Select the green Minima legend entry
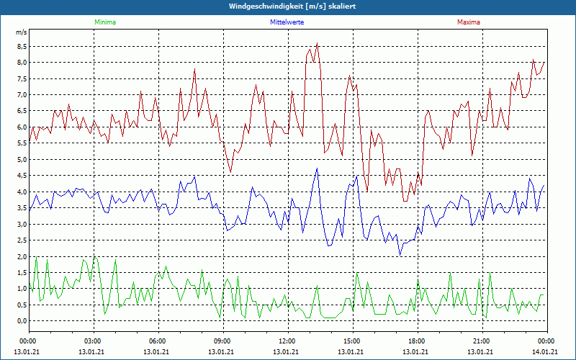pos(104,23)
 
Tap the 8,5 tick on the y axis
pos(22,46)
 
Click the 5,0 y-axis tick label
pos(22,159)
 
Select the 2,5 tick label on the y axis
pos(22,240)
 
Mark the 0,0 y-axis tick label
pos(22,321)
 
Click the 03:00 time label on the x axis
pos(93,341)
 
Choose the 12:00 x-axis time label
pos(287,341)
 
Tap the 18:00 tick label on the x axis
pos(416,341)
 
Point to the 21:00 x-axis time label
pos(481,341)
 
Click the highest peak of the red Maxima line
pos(317,43)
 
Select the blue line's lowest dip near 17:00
pos(400,255)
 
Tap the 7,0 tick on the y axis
pos(22,94)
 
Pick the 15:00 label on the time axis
pos(351,341)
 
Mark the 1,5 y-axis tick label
pos(22,272)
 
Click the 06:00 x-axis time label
pos(157,341)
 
